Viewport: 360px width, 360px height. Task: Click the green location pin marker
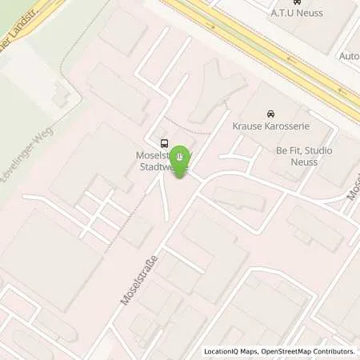pyautogui.click(x=182, y=158)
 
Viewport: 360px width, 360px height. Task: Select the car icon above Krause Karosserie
pyautogui.click(x=270, y=114)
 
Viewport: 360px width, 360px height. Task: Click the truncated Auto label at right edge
pyautogui.click(x=350, y=57)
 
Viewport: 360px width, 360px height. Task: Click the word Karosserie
pyautogui.click(x=290, y=126)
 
